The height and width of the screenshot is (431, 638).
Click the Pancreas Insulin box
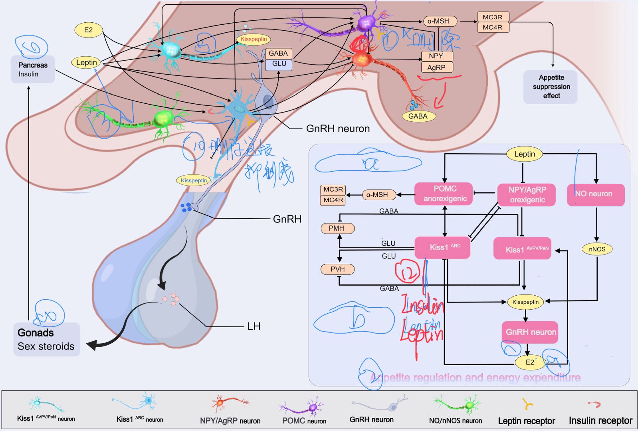(x=33, y=69)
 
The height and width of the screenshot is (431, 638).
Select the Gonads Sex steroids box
(x=47, y=339)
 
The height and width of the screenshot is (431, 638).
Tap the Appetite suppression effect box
(x=551, y=87)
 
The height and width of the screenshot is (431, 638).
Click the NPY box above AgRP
(x=437, y=56)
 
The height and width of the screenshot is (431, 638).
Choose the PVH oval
(x=337, y=269)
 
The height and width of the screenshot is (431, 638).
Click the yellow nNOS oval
(x=597, y=249)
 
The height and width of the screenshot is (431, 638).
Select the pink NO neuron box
(x=595, y=194)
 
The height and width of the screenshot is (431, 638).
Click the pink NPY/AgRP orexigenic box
(x=527, y=195)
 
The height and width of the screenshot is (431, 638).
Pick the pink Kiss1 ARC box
(x=442, y=247)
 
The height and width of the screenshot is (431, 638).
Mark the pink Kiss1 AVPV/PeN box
(x=522, y=249)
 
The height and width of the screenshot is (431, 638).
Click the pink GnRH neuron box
(x=530, y=332)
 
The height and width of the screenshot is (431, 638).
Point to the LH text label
(x=254, y=326)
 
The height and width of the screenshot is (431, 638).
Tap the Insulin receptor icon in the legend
(x=594, y=404)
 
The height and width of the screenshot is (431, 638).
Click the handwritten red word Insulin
(x=422, y=306)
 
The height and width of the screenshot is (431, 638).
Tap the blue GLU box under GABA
(x=279, y=64)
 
